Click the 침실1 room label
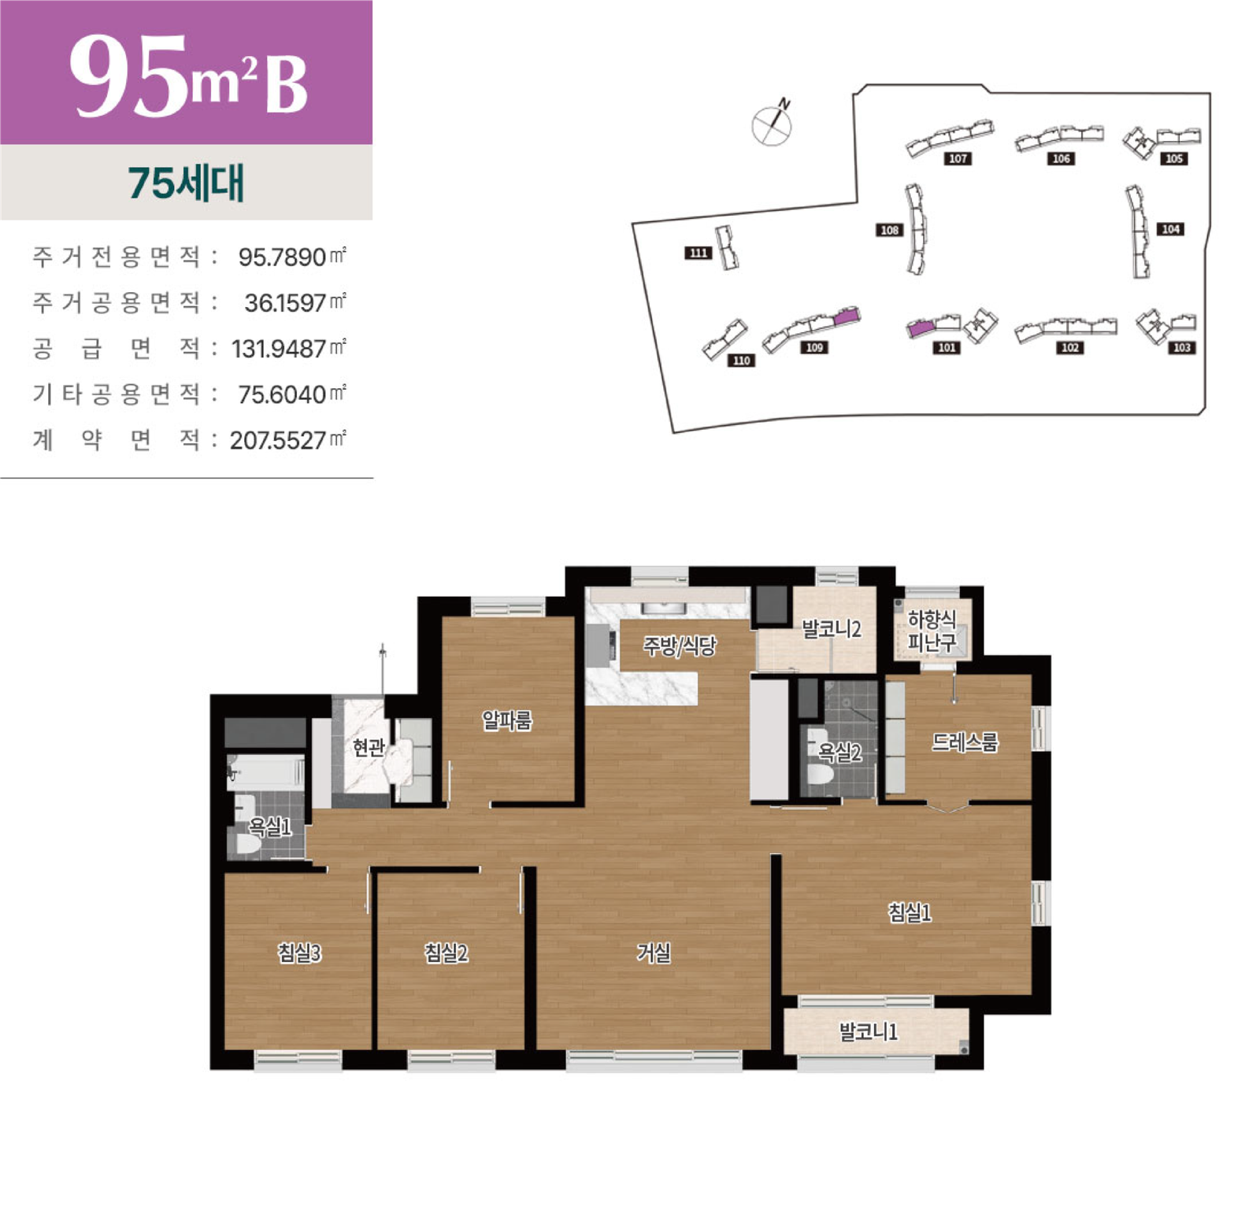tap(910, 912)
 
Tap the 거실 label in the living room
tap(654, 953)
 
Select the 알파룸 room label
tap(507, 720)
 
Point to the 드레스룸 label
tap(965, 742)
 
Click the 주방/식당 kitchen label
tap(680, 646)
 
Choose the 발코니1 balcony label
tap(868, 1031)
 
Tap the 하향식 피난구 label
tap(932, 631)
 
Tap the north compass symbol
tap(772, 124)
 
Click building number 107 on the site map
tap(958, 159)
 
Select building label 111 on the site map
tap(699, 253)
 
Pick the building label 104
tap(1171, 229)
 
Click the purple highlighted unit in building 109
tap(845, 316)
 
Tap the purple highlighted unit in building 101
tap(919, 327)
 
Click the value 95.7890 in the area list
tap(282, 257)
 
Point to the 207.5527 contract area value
tap(278, 440)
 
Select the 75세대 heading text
tap(187, 183)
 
